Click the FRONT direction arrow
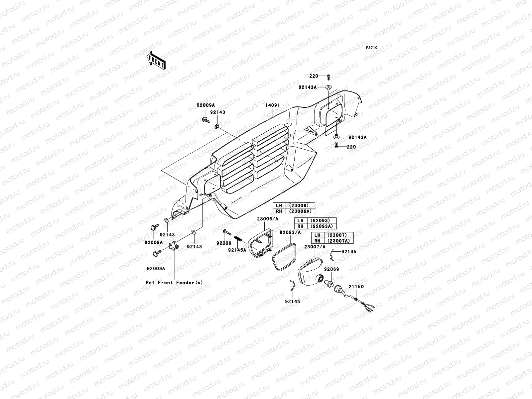point(156,60)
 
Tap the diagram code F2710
point(371,48)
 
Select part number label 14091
point(272,105)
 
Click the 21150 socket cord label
point(356,287)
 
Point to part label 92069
point(332,269)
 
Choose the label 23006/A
point(268,219)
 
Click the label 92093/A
point(290,232)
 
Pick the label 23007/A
point(315,247)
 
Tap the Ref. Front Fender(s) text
point(174,283)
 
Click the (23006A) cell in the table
point(300,211)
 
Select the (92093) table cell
point(322,220)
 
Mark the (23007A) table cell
point(338,241)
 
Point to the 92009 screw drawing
point(227,232)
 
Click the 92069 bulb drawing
point(329,283)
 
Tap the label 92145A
point(237,250)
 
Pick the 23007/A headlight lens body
point(311,272)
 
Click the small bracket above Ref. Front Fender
point(174,247)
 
